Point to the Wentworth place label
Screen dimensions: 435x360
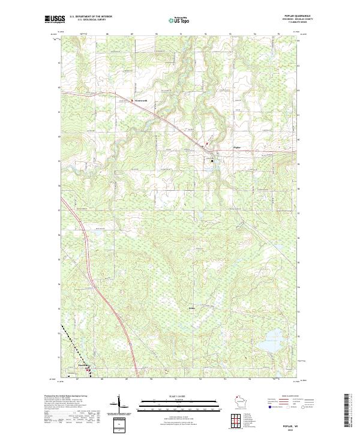(142, 100)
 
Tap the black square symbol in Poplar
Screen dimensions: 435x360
(211, 160)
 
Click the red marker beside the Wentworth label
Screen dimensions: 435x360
(133, 100)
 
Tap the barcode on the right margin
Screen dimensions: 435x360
(346, 411)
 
